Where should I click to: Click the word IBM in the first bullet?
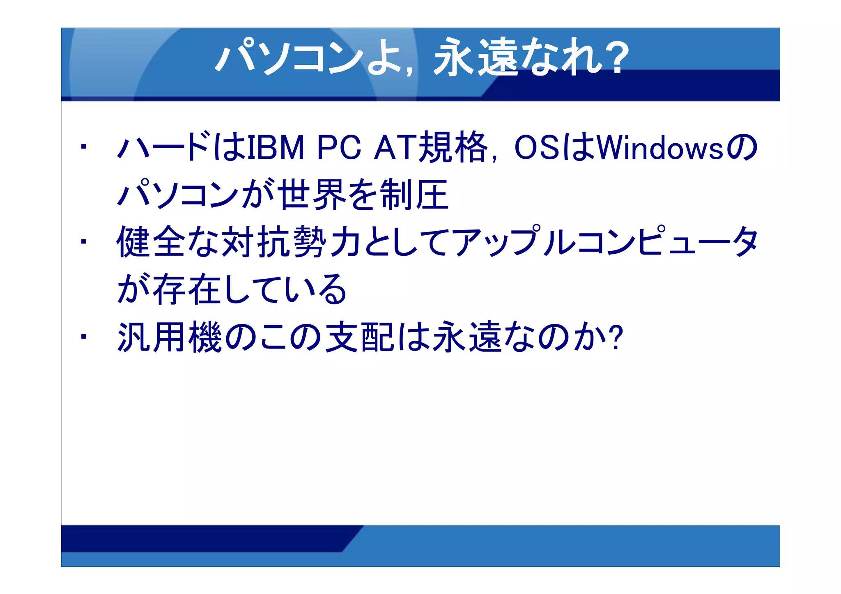point(276,147)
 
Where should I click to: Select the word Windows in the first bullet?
point(660,147)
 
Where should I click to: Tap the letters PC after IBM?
point(339,147)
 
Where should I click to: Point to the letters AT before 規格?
point(395,147)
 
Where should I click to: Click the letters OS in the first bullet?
point(537,147)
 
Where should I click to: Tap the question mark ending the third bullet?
point(616,337)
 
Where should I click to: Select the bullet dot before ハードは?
point(83,147)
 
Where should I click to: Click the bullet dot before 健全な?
point(83,241)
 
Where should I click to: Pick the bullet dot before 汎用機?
point(83,337)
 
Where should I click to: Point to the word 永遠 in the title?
point(476,57)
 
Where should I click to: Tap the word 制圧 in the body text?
point(414,195)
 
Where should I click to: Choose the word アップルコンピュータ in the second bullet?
point(606,242)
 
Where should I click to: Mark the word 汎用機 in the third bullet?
point(170,337)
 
